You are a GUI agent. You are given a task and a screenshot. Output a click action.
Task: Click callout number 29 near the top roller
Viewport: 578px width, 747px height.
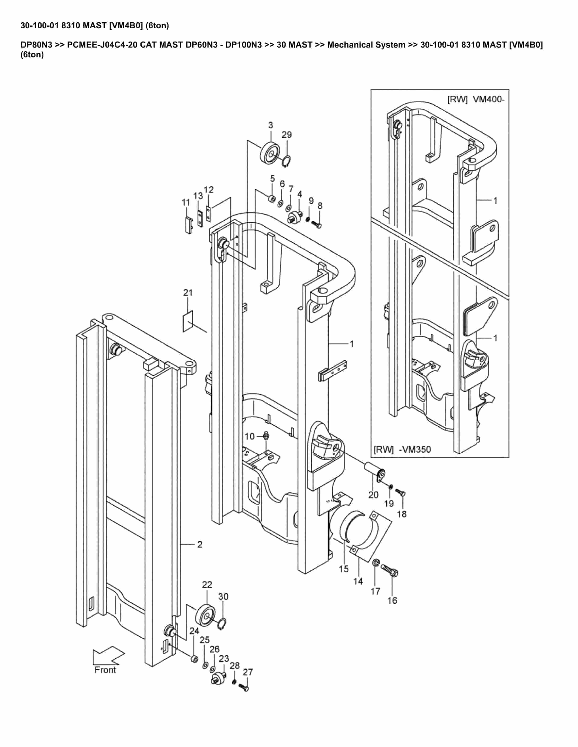coord(287,135)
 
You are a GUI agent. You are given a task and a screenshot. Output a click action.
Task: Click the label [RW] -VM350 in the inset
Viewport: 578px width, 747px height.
coord(402,449)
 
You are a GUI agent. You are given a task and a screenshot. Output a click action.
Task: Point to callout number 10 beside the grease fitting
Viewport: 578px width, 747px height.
coord(250,436)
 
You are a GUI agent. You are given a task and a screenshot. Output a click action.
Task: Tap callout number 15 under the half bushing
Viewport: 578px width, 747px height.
coord(344,569)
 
